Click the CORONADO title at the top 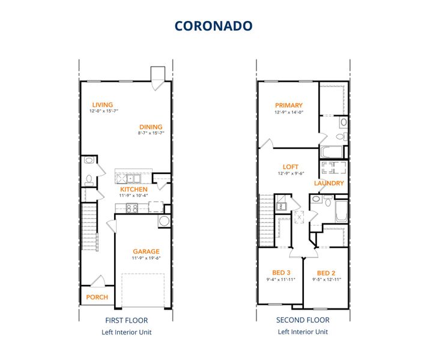pyautogui.click(x=213, y=26)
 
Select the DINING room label pyautogui.click(x=151, y=127)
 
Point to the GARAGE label pyautogui.click(x=146, y=251)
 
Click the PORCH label pyautogui.click(x=97, y=297)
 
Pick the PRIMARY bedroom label pyautogui.click(x=289, y=105)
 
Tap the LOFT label pyautogui.click(x=291, y=167)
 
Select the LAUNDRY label pyautogui.click(x=329, y=183)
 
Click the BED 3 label pyautogui.click(x=281, y=272)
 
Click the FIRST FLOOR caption pyautogui.click(x=126, y=320)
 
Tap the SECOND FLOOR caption pyautogui.click(x=303, y=320)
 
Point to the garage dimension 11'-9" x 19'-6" pyautogui.click(x=146, y=259)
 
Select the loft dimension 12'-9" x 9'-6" pyautogui.click(x=291, y=173)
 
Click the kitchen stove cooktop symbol pyautogui.click(x=133, y=208)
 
